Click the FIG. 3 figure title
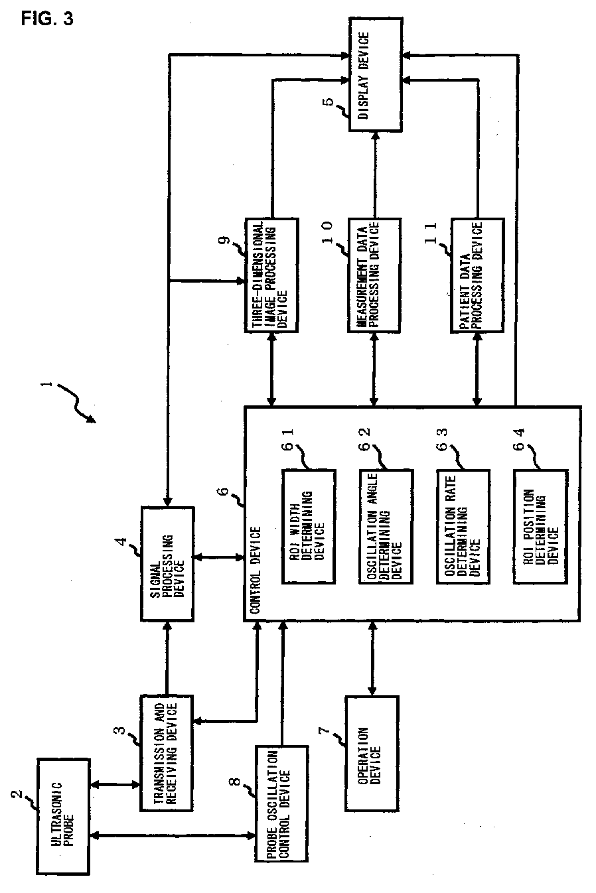(x=47, y=19)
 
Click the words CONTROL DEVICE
(x=256, y=570)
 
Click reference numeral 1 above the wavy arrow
(x=48, y=384)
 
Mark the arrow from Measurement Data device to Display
(x=374, y=174)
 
